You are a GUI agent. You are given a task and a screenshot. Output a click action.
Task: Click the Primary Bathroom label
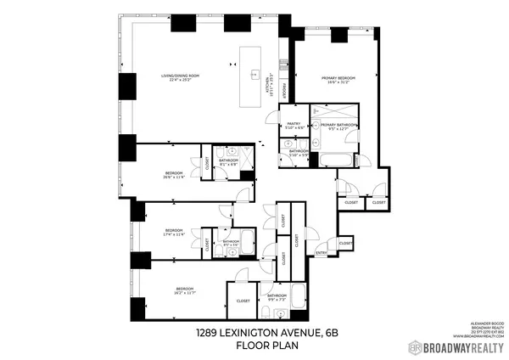[x=338, y=127]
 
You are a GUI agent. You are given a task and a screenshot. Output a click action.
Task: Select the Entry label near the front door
[x=322, y=252]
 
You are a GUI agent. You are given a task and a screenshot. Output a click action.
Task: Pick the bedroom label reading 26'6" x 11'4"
[x=173, y=176]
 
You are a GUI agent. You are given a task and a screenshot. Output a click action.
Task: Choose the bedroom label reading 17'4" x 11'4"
[x=174, y=233]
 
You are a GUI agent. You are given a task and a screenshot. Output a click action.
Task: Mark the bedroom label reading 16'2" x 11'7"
[x=174, y=290]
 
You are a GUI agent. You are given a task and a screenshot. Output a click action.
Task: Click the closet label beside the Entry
[x=345, y=244]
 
